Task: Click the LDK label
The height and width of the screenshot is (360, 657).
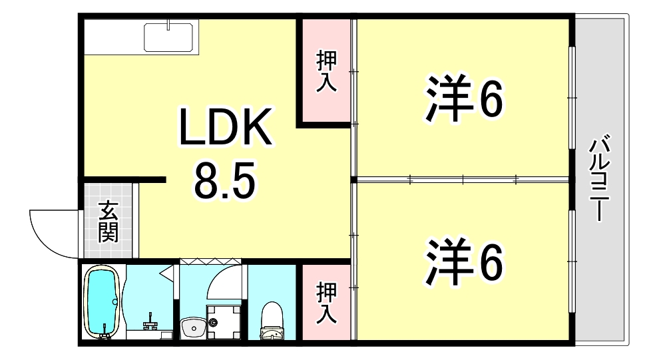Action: tap(224, 128)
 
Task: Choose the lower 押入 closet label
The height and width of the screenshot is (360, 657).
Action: tap(326, 303)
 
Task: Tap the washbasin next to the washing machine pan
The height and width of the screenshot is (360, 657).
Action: tap(194, 328)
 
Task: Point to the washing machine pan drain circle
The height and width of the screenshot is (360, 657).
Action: tap(213, 323)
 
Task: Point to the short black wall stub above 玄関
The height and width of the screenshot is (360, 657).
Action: tap(123, 180)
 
